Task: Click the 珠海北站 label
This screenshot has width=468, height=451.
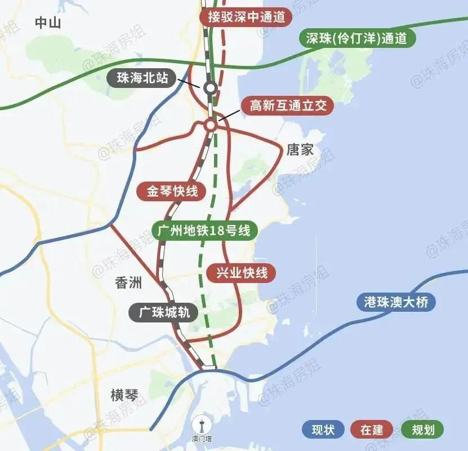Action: (142, 78)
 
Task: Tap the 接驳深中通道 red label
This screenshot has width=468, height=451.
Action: (246, 17)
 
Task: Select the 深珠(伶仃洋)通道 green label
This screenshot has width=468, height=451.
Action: (357, 38)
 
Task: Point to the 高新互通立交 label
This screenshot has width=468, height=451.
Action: (288, 106)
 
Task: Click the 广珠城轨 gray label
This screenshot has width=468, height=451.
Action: (163, 312)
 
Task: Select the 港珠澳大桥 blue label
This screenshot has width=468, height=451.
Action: (396, 302)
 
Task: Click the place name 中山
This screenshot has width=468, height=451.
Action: (47, 23)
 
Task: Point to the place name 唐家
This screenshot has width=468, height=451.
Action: (300, 150)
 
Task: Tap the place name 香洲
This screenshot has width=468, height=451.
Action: (128, 283)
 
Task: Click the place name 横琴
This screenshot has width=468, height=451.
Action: (124, 395)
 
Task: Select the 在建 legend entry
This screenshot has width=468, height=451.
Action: (372, 430)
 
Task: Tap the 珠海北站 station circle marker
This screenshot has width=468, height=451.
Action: (210, 87)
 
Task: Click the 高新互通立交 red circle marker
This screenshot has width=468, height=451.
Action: (210, 125)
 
